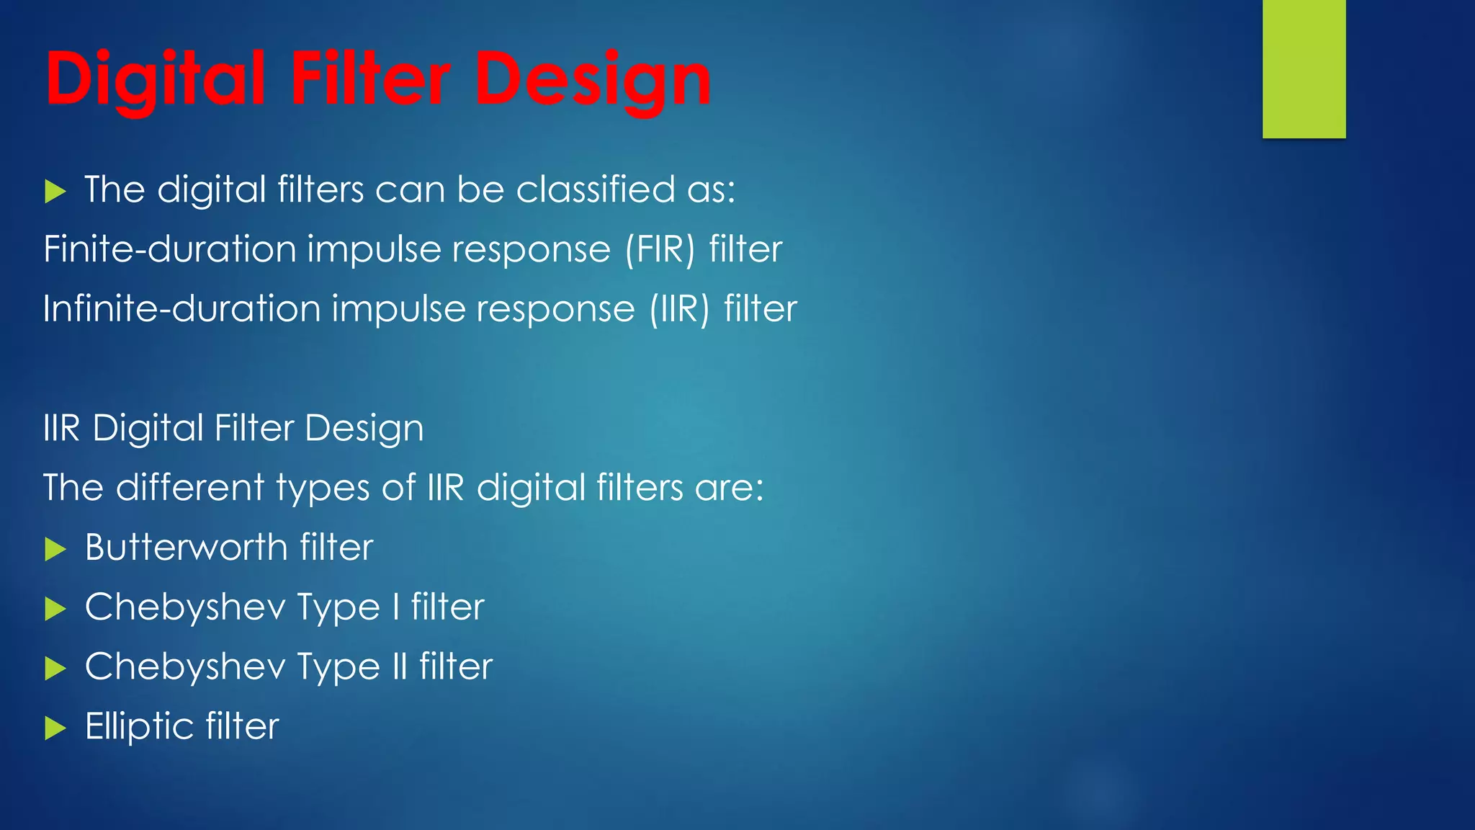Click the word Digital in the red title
155,79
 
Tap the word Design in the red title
593,79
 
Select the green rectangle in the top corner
1304,68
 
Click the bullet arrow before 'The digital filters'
55,192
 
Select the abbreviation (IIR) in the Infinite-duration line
679,310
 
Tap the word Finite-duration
169,249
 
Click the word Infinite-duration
181,309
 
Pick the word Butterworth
186,548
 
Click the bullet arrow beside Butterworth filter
55,550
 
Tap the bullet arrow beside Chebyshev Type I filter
55,610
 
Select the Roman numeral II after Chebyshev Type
400,666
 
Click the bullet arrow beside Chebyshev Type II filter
55,669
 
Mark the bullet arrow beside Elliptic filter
55,728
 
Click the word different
190,488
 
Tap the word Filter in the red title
370,79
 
